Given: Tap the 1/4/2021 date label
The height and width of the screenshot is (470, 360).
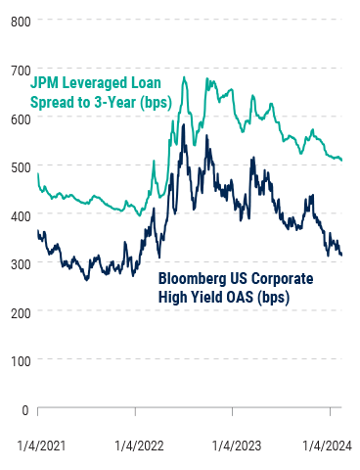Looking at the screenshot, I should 39,446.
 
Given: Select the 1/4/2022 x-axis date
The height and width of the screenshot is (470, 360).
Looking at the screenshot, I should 137,446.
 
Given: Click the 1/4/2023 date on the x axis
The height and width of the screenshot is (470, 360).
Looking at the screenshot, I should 235,446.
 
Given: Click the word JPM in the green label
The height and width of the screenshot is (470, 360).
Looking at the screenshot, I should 47,83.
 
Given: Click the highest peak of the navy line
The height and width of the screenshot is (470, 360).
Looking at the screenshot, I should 184,125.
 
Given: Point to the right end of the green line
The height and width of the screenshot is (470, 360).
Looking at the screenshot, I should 341,160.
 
